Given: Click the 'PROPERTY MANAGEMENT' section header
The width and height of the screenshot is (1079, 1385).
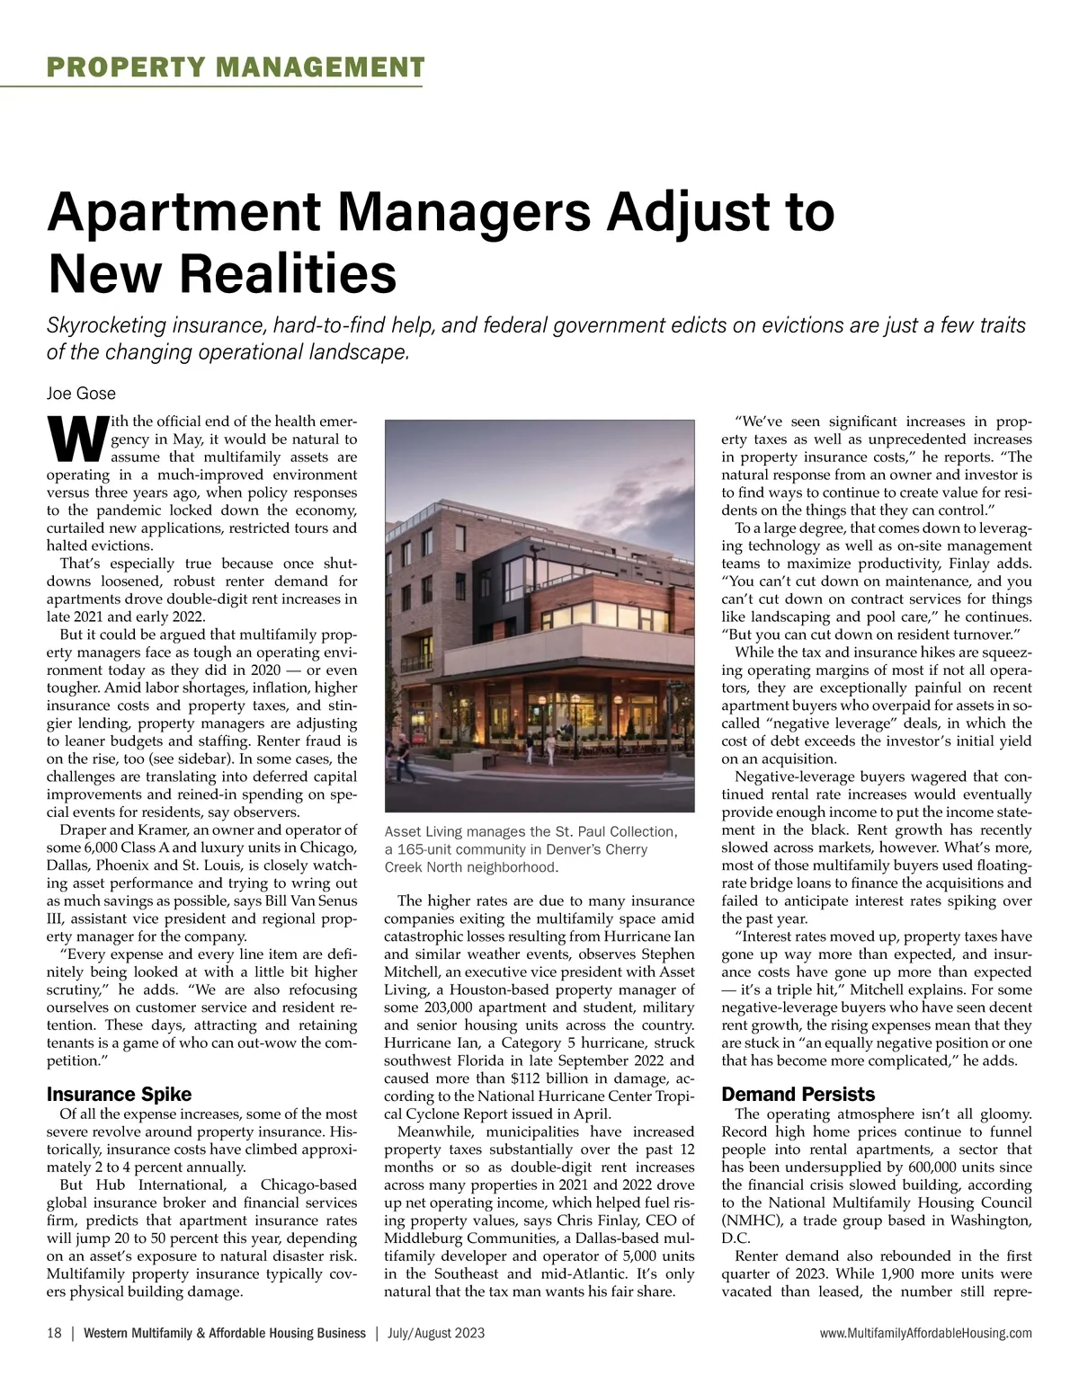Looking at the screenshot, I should click(x=235, y=67).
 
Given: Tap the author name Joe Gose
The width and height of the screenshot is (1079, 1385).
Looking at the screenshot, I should click(x=81, y=394).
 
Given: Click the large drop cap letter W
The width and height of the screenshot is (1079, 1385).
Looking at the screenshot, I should click(x=75, y=437).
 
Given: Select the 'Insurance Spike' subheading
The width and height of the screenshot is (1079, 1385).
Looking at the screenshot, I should click(x=119, y=1095).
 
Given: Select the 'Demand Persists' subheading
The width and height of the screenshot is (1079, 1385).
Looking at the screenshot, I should click(x=798, y=1095).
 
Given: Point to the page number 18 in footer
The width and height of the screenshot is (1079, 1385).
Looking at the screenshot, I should click(x=54, y=1333).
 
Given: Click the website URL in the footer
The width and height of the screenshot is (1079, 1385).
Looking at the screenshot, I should click(x=925, y=1333).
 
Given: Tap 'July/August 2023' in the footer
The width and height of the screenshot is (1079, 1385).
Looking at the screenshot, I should click(x=436, y=1333).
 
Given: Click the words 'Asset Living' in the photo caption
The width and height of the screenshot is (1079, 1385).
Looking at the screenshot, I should click(x=419, y=832).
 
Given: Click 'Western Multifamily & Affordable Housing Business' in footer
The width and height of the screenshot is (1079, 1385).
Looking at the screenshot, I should click(x=225, y=1333).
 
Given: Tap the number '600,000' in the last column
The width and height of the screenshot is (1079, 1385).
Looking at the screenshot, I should click(x=948, y=1167).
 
